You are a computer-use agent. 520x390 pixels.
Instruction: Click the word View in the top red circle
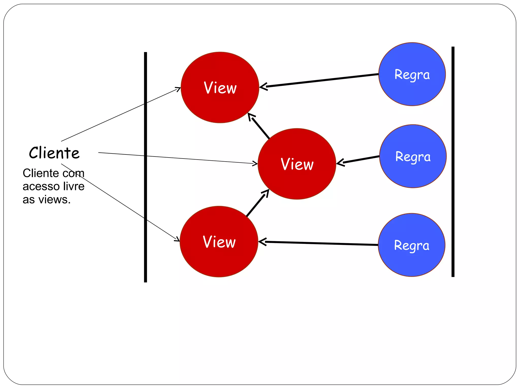tap(220, 88)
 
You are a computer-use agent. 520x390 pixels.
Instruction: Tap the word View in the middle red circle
tap(297, 164)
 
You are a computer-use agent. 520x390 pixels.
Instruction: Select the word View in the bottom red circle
tap(219, 242)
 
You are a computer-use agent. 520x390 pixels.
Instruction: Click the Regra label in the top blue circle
tap(412, 75)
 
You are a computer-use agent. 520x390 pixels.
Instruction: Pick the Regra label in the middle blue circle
tap(413, 157)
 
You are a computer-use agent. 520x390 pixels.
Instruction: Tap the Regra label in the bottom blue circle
tap(412, 245)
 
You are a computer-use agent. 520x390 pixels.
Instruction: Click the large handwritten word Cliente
tap(54, 153)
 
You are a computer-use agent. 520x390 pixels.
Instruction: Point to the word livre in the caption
tap(74, 186)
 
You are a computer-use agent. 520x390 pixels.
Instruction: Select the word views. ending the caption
tap(54, 199)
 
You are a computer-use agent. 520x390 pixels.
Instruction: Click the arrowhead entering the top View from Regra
tap(263, 87)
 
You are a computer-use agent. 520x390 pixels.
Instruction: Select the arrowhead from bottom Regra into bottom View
tap(262, 242)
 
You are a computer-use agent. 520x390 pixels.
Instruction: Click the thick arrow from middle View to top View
tap(259, 126)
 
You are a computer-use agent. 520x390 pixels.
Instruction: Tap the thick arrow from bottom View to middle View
tap(257, 203)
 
